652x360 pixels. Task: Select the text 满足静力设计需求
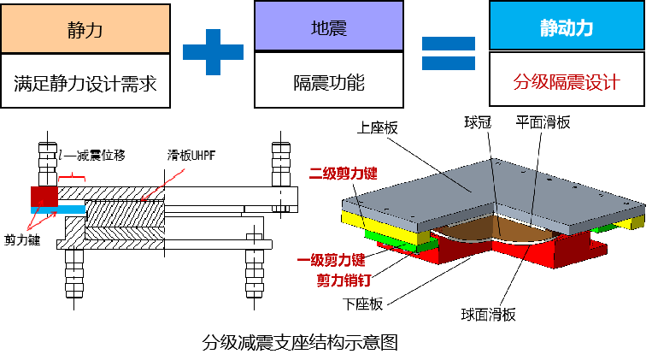[x=85, y=83]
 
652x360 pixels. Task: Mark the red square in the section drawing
[x=44, y=196]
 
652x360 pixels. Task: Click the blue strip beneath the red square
[x=58, y=210]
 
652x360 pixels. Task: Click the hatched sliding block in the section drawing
[x=124, y=221]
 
